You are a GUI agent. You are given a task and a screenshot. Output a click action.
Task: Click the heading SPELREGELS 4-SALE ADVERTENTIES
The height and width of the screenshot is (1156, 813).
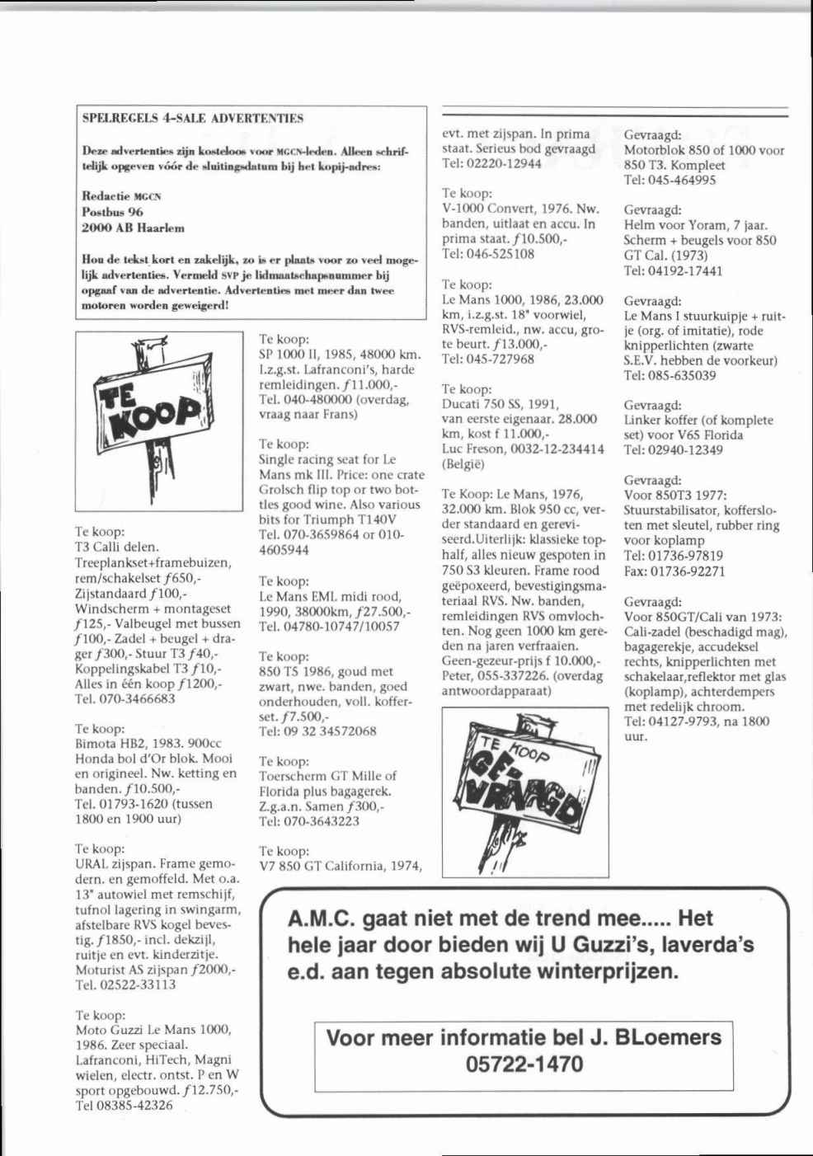[193, 118]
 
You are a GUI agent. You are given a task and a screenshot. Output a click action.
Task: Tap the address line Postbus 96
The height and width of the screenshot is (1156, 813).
[112, 212]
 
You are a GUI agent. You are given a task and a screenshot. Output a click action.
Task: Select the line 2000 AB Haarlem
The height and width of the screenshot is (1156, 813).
[133, 228]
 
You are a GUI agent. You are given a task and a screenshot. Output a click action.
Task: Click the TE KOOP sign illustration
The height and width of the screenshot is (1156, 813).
[158, 421]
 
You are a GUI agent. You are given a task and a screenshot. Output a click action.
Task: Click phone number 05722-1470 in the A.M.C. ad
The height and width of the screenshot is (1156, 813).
[524, 1064]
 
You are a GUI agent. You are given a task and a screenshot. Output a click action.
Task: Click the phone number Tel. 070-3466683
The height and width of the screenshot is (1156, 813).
[125, 699]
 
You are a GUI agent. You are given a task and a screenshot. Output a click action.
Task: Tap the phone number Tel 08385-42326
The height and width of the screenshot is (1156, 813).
[124, 1106]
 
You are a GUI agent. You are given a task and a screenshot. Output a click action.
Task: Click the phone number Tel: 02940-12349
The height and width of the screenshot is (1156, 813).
[674, 450]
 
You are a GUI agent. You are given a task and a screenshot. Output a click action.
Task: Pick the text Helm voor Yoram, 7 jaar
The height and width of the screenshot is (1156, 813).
[696, 225]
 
